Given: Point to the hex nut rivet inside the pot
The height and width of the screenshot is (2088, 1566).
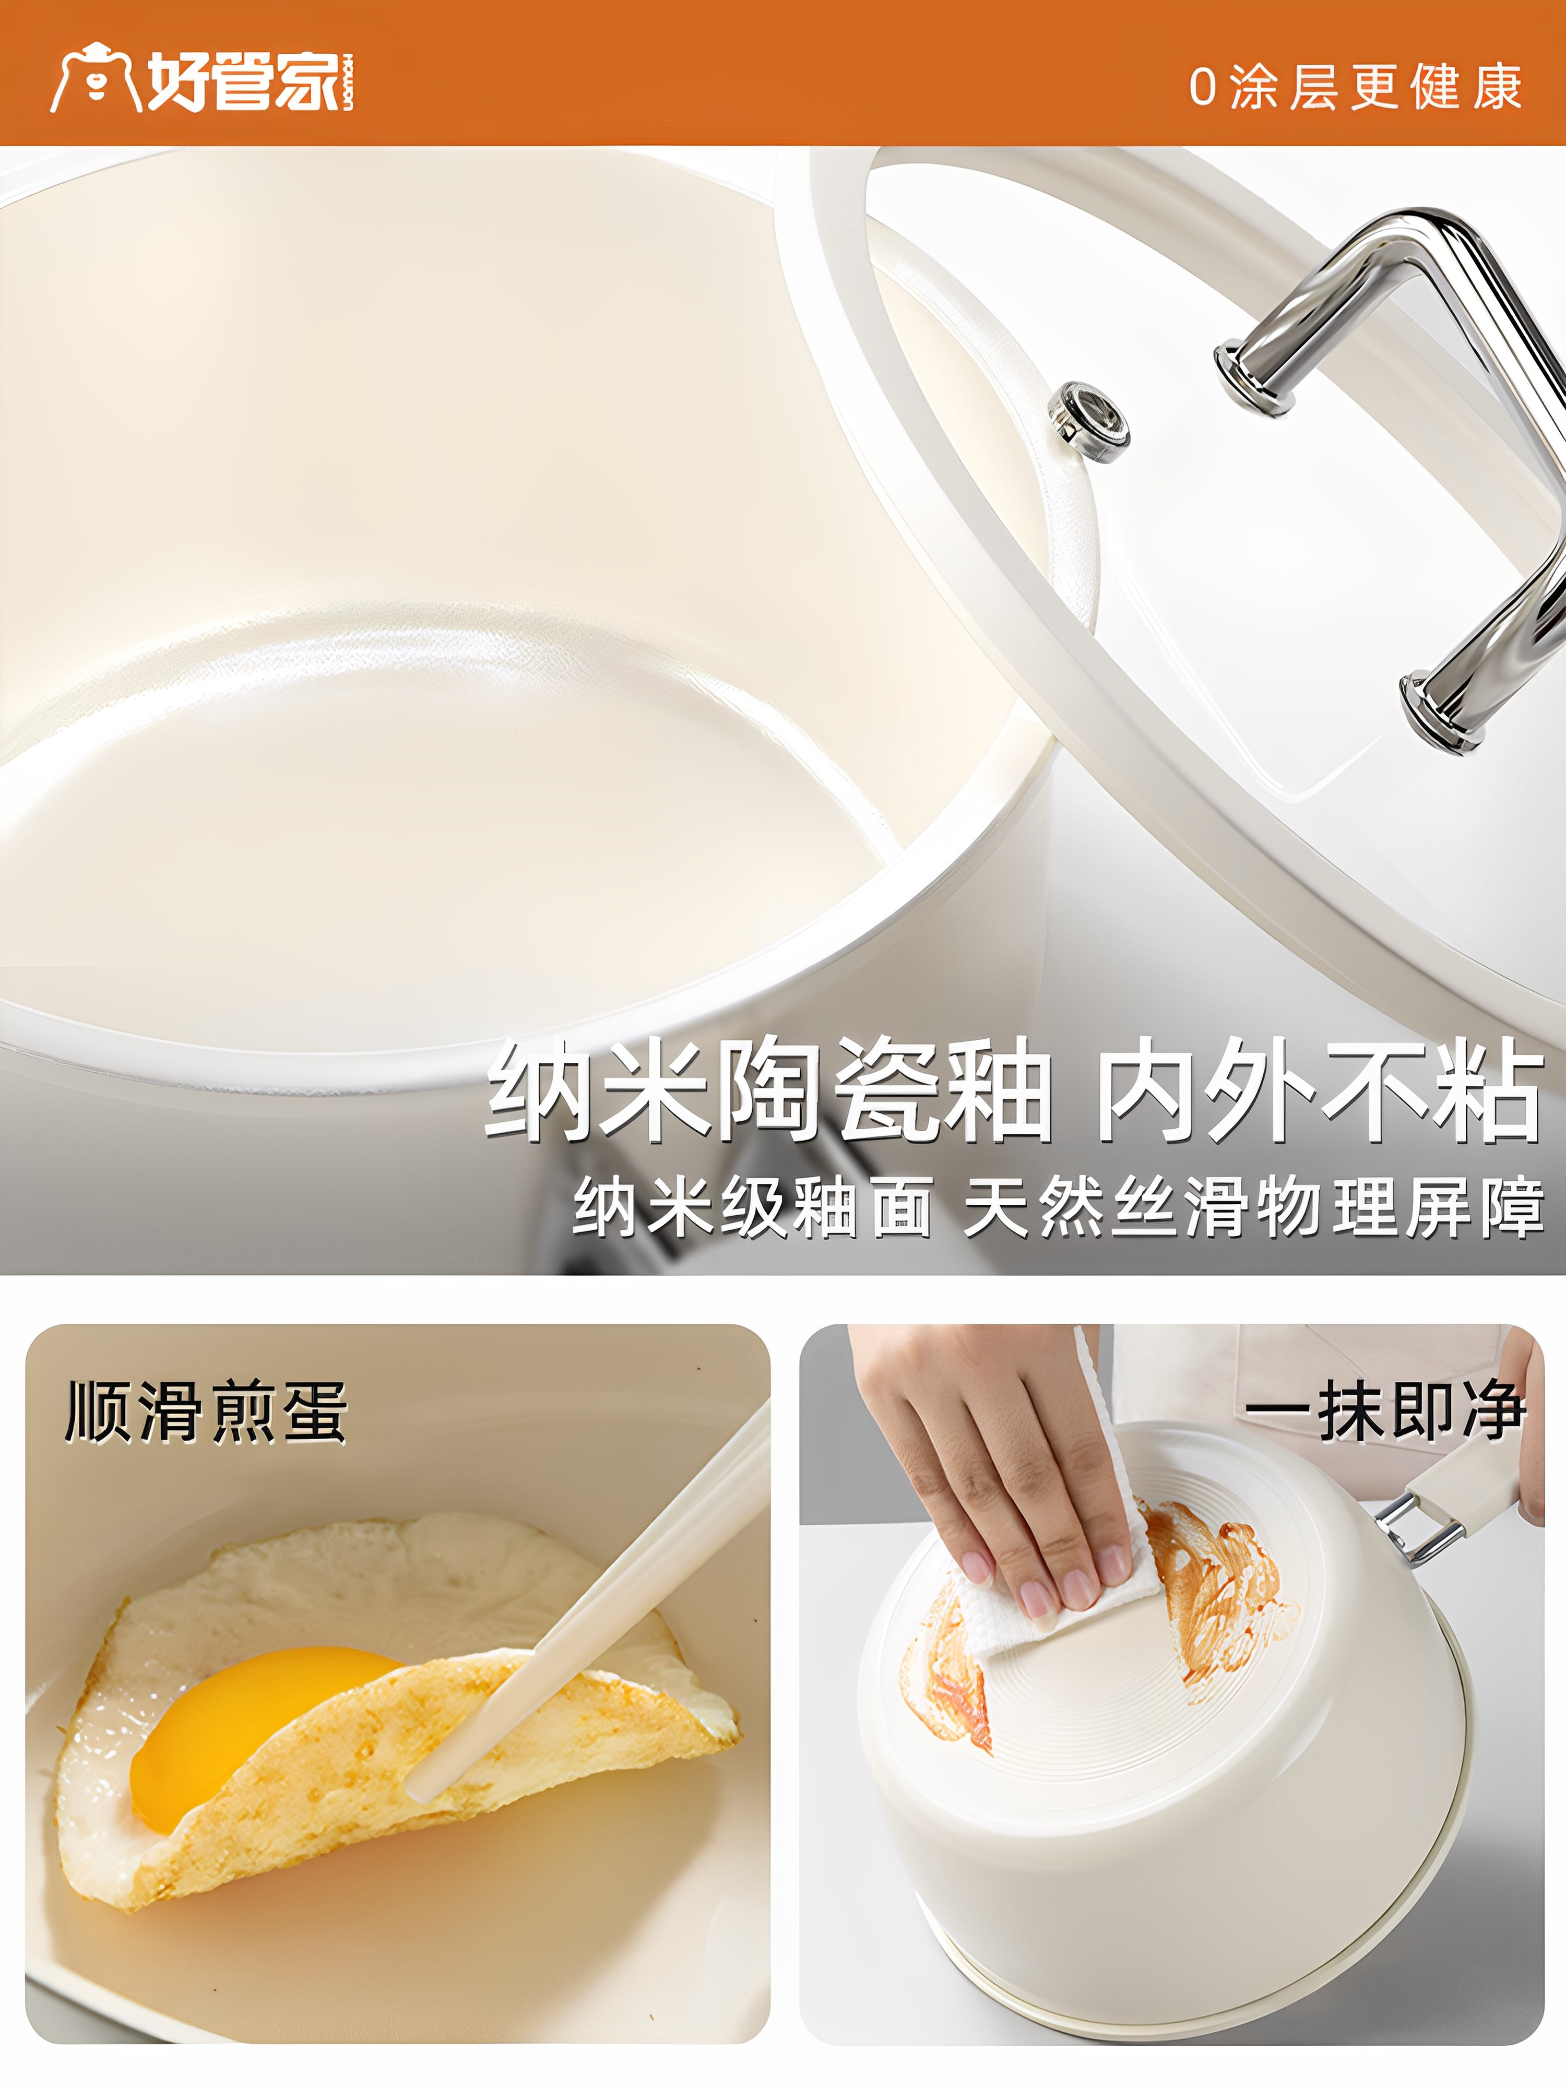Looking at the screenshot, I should click(1088, 421).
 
